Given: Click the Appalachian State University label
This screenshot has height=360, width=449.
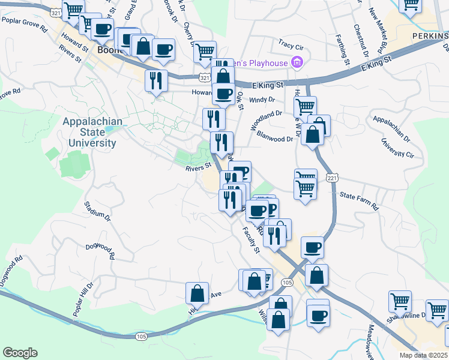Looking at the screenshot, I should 92,132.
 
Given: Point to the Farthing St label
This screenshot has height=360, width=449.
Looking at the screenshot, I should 345,49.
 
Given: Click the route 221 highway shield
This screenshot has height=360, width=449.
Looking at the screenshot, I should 333,178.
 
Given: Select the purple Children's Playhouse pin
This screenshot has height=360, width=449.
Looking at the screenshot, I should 296,62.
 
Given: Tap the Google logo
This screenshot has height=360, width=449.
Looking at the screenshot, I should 20,353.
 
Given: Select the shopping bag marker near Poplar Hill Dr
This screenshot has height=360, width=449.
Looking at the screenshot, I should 197,293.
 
